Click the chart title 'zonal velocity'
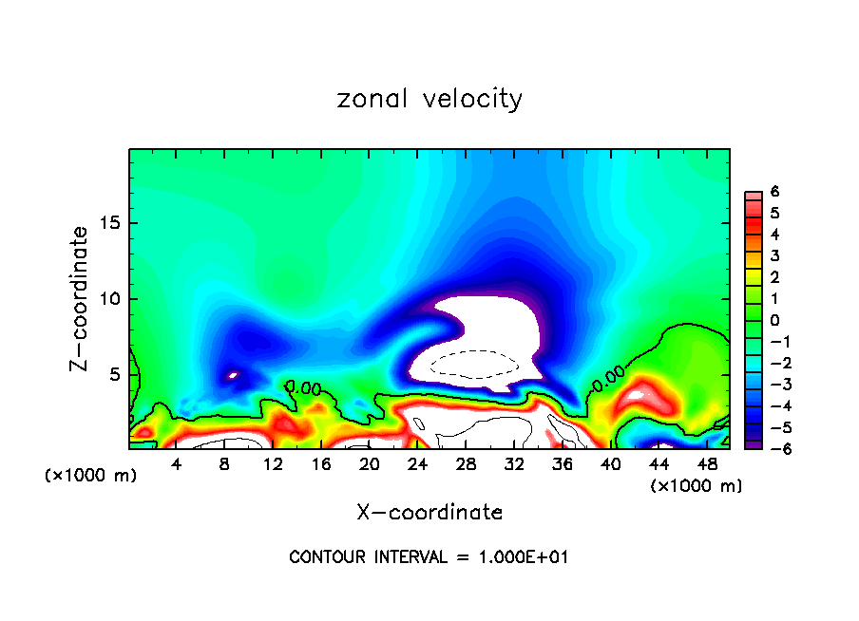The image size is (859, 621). pos(429,99)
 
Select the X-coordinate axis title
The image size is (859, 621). pos(429,513)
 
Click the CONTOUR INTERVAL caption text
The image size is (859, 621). pos(429,556)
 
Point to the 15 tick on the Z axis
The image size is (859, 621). pos(110,224)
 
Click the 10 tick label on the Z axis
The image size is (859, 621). pos(110,299)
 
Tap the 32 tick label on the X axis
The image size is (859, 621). pos(513,464)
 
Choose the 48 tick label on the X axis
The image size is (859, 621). pos(706,464)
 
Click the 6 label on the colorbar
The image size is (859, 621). pos(774,192)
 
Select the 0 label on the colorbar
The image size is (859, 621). pos(774,320)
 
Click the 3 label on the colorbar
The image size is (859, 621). pos(774,255)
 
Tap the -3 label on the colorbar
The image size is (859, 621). pos(772,384)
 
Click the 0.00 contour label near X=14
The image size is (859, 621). pos(304,387)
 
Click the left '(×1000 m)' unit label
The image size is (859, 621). pos(90,476)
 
